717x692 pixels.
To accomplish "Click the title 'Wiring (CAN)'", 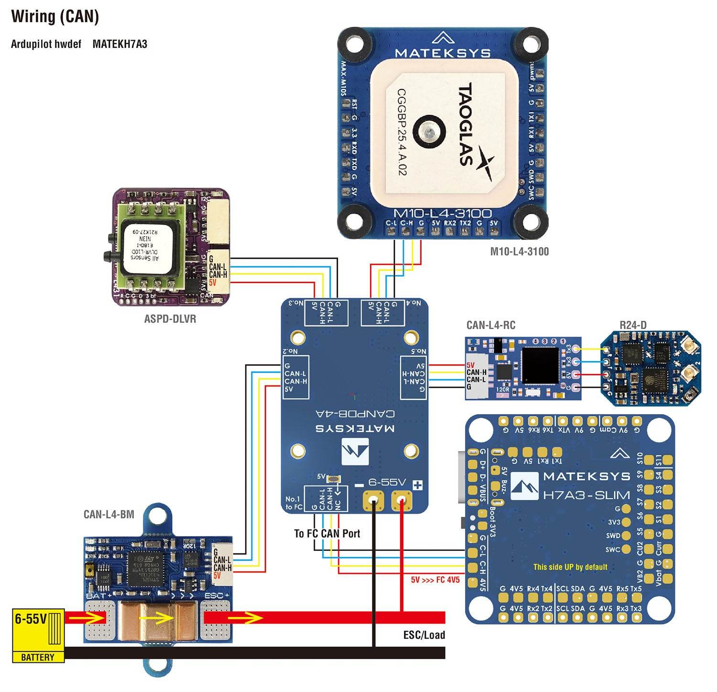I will [x=55, y=17].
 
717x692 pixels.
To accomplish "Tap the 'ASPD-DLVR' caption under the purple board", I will [x=170, y=319].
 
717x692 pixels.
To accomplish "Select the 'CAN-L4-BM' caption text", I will [x=109, y=515].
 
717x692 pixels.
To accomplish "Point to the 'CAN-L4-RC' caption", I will [x=490, y=326].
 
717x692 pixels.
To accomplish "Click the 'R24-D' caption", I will [x=633, y=326].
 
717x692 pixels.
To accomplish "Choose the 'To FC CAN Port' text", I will [x=327, y=533].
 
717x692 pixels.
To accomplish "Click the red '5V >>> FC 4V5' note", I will [x=435, y=580].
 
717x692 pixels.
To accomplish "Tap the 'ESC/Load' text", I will [x=424, y=635].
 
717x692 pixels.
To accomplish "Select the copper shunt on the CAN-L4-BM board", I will [x=157, y=621].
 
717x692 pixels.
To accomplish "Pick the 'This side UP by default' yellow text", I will [x=570, y=567].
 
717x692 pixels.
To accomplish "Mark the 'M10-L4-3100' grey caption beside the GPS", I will [x=519, y=251].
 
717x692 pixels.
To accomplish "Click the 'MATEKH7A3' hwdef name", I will [x=119, y=44].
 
